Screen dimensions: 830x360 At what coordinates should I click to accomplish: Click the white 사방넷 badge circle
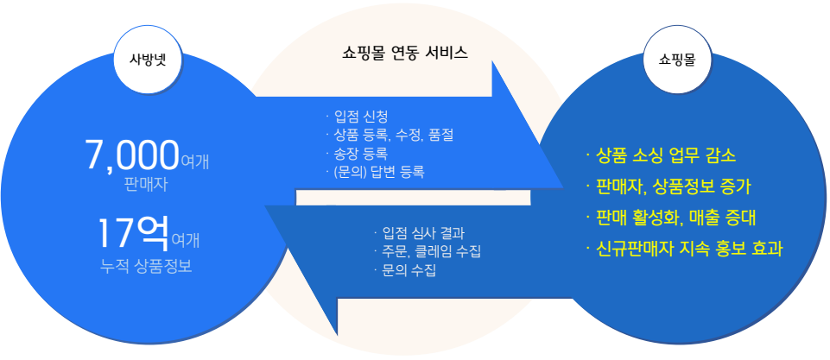[149, 59]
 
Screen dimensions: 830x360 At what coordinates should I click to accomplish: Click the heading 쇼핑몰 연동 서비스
[405, 53]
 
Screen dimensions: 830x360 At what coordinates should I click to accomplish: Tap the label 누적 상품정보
[146, 265]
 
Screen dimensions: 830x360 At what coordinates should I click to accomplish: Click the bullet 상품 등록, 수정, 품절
[390, 135]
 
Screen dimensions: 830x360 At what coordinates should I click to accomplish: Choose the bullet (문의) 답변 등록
[376, 172]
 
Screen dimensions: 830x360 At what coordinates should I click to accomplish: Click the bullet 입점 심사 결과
[419, 232]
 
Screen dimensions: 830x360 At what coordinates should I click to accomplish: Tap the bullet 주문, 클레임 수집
[428, 251]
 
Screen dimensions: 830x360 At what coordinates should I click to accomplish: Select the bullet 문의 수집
[405, 270]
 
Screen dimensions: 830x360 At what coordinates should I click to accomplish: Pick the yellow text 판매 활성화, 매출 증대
[671, 217]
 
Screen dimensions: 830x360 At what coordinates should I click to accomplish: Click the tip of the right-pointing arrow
[563, 186]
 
